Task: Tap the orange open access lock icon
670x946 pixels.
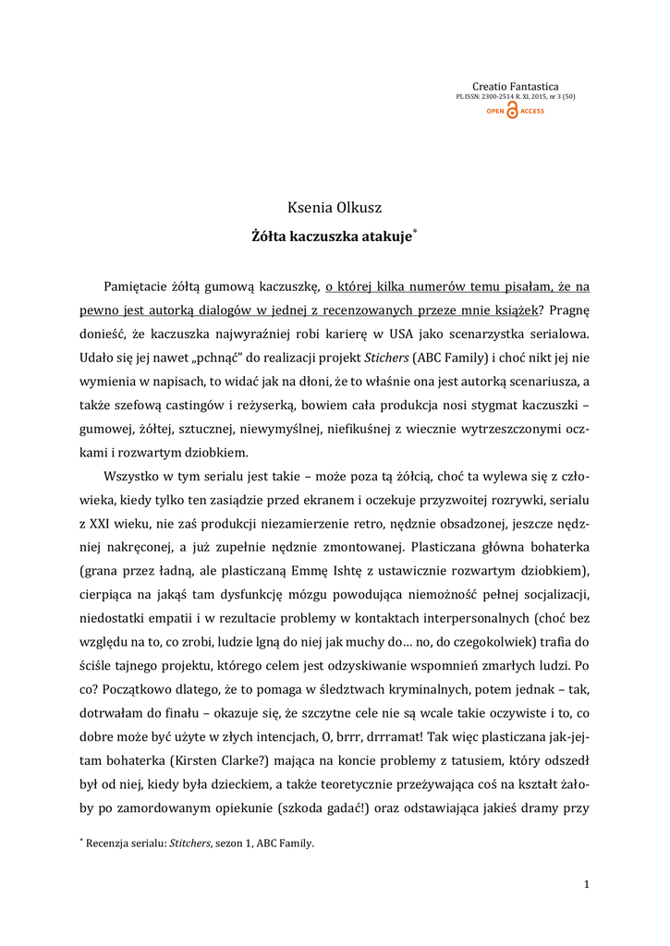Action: click(x=512, y=111)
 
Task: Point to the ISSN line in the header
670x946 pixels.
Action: click(x=516, y=97)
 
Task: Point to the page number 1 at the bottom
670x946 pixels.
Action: click(x=587, y=885)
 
